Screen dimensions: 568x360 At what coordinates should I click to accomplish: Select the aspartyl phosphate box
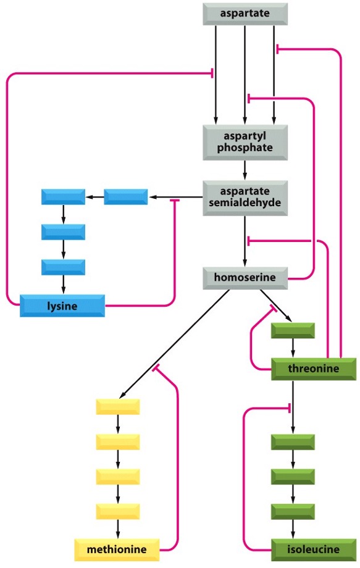(x=245, y=142)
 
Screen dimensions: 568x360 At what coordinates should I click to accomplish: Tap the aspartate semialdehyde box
(x=245, y=198)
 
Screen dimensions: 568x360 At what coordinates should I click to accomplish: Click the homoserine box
(x=245, y=278)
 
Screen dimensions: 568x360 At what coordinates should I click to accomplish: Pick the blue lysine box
(x=62, y=305)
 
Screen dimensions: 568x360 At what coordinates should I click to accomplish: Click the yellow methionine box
(x=117, y=549)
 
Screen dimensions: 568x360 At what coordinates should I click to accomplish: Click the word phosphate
(x=245, y=148)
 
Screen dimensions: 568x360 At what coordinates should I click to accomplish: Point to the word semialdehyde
(x=245, y=204)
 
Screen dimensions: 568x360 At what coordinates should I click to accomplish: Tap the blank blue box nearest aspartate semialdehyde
(x=126, y=197)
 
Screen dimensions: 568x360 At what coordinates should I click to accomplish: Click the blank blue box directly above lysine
(x=63, y=267)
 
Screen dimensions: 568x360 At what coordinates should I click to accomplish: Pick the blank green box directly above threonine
(x=293, y=331)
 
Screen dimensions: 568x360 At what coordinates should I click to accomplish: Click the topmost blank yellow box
(x=118, y=407)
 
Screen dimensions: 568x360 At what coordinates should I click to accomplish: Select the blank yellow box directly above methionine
(x=118, y=511)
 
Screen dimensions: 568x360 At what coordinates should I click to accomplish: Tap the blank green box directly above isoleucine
(x=293, y=511)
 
